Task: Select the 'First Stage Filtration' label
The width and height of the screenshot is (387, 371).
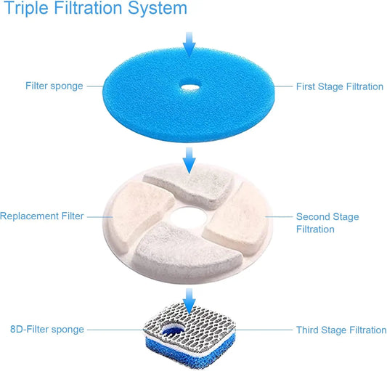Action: [339, 87]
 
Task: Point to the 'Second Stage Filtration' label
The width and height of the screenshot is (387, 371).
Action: [327, 223]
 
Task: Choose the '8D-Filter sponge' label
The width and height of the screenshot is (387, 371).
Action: [48, 330]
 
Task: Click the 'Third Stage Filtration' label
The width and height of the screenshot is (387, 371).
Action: [341, 330]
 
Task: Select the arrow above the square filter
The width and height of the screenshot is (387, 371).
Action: [189, 298]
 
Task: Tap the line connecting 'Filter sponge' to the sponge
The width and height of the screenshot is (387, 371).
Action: [94, 86]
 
